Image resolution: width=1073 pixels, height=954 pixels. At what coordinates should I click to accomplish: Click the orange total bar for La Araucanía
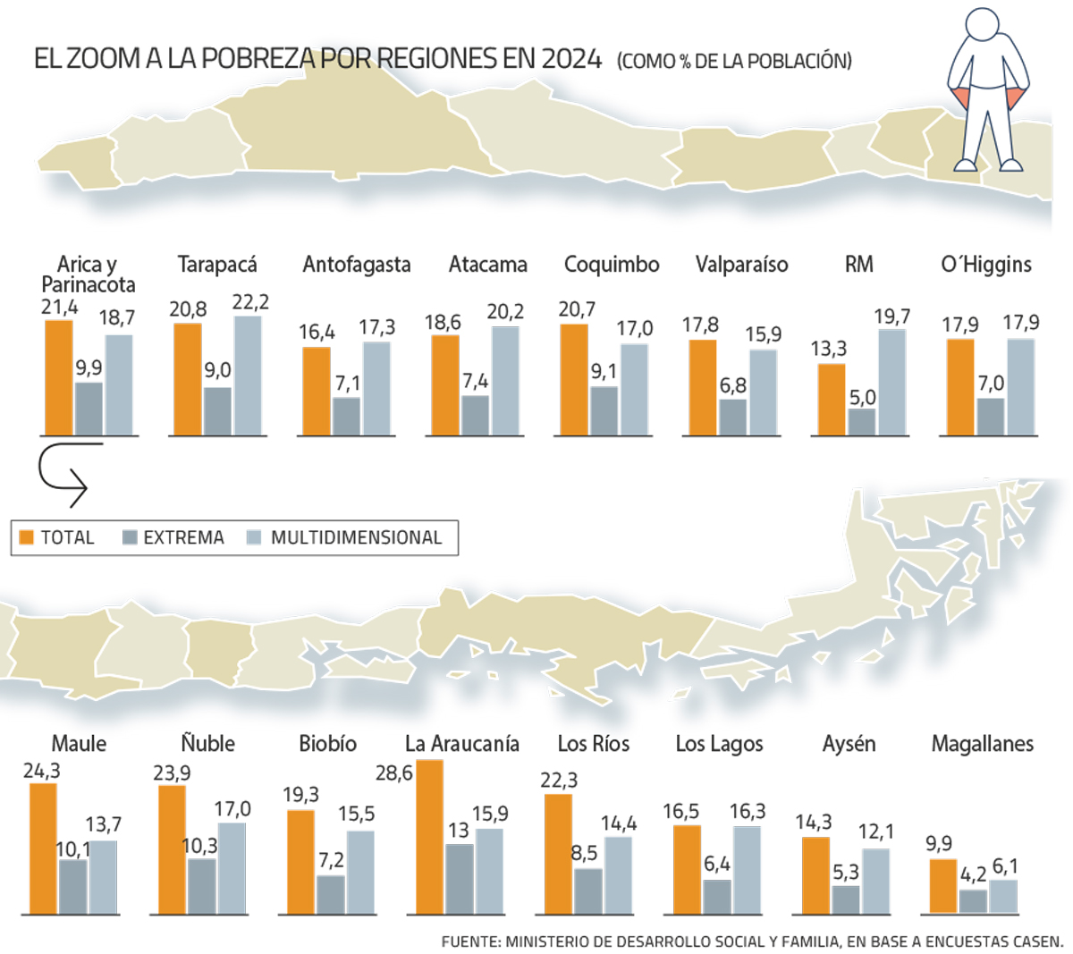429,837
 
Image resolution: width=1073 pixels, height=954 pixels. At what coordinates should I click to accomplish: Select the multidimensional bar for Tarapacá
248,376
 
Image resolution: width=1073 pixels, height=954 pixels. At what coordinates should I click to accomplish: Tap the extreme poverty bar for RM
862,422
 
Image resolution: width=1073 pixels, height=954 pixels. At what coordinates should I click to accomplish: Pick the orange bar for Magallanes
943,886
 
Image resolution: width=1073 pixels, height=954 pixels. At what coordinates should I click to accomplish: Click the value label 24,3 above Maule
41,771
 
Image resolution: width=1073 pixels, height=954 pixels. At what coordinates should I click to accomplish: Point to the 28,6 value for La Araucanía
394,772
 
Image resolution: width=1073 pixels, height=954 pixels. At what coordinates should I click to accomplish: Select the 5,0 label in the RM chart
863,397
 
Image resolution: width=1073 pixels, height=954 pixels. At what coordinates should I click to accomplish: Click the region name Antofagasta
357,265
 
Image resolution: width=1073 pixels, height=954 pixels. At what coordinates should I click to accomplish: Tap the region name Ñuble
207,744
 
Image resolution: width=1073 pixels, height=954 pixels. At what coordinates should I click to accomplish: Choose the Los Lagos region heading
719,744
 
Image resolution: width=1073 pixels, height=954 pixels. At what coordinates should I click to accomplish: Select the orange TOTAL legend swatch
26,537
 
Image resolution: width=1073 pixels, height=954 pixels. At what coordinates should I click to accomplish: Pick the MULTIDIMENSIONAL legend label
356,537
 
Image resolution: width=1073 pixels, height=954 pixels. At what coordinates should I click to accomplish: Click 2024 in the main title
571,59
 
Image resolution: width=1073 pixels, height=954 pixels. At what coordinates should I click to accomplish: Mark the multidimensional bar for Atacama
505,381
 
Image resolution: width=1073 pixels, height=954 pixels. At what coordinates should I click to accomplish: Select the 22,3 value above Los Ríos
559,781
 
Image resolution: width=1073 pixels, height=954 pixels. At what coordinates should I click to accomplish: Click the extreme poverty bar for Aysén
846,899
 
